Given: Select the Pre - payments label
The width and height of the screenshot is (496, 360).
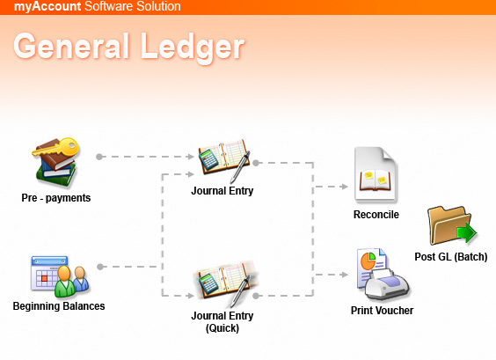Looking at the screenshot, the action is point(56,198).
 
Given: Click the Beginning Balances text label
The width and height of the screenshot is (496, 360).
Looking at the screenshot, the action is point(59,306).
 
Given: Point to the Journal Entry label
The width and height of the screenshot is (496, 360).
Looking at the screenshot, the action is point(222,191).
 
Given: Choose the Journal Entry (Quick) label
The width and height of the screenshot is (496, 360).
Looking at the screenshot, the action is point(222,321).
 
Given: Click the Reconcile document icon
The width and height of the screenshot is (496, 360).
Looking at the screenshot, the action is point(376,174).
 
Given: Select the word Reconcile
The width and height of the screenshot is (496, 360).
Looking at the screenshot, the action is point(376,215).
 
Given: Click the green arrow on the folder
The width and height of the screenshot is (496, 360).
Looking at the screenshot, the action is point(467,233).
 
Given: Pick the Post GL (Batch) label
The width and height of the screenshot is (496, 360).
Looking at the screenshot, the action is point(451,257).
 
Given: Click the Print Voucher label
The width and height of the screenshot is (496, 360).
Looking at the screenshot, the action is point(383,311).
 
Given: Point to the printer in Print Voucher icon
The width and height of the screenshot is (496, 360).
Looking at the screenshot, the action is point(387,284).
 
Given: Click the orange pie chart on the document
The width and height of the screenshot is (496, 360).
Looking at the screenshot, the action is point(368,261).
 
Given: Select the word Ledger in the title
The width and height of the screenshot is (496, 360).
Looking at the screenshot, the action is point(193,48).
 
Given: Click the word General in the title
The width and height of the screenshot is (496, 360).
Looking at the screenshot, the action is point(72,46).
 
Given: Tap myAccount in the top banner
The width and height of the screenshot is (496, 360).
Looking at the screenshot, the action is point(47,6).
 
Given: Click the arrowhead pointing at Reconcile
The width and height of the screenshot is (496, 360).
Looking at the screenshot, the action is point(345,187).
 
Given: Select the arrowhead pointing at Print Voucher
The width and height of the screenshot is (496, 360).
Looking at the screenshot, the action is point(345,275).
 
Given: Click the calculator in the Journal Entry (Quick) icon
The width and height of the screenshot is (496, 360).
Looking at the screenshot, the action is point(208,283).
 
